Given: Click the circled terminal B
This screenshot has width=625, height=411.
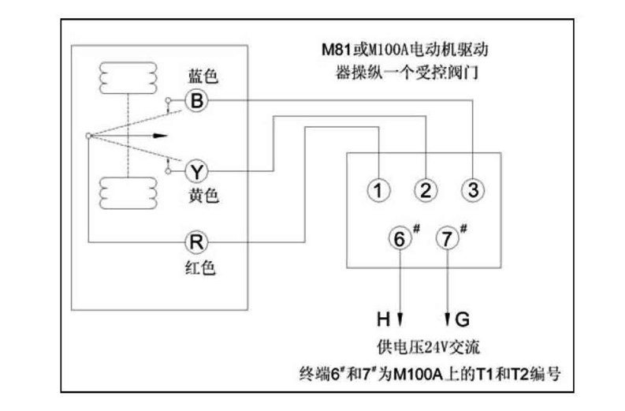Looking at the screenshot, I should coord(197,100).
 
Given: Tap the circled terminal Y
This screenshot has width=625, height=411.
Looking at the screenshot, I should coord(197,170).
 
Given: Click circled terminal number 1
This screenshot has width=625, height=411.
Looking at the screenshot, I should coord(379,189).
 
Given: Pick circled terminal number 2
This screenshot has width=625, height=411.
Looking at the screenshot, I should coord(426,189).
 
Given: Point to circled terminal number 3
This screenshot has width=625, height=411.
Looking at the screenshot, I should coord(472,189).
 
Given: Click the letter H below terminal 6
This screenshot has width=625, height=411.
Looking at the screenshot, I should coord(383,319).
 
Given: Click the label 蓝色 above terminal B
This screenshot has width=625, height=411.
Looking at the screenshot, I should coord(203,77).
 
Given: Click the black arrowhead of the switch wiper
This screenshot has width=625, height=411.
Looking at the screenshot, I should coord(161,135).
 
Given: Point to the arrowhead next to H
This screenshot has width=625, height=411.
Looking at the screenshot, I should coord(400,319).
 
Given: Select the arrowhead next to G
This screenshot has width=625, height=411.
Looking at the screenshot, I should coord(448,319).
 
